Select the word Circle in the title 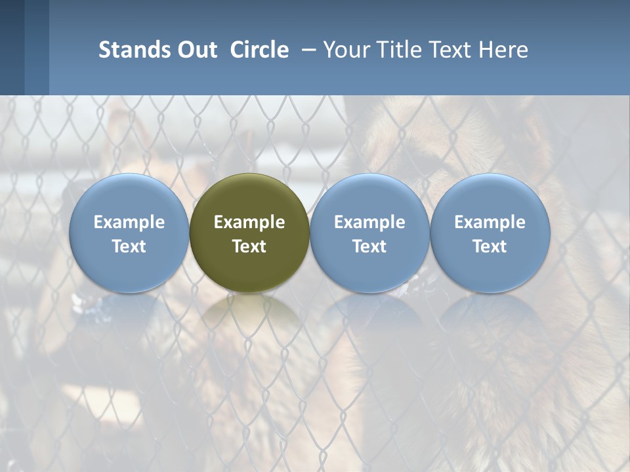point(259,50)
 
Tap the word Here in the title point(504,50)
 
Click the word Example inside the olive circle point(249,222)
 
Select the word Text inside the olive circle point(249,246)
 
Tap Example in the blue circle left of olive point(129,222)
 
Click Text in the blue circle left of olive point(129,246)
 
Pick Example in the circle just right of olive point(369,222)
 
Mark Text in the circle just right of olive point(369,246)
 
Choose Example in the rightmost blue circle point(490,222)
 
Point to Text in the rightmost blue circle point(490,246)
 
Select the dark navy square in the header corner point(12,47)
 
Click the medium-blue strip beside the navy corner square point(37,47)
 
